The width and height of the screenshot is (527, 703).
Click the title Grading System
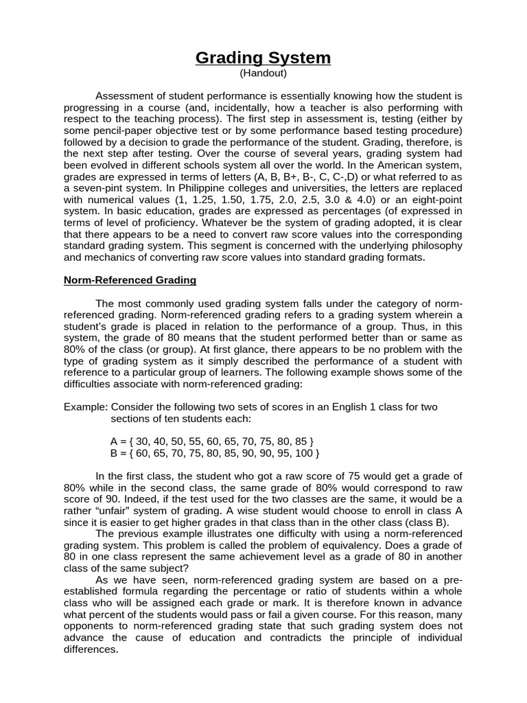[x=263, y=58]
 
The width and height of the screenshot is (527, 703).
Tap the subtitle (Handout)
[x=263, y=73]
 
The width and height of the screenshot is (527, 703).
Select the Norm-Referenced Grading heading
[x=130, y=280]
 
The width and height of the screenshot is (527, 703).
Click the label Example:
[x=85, y=407]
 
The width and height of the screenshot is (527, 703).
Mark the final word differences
[x=91, y=649]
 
